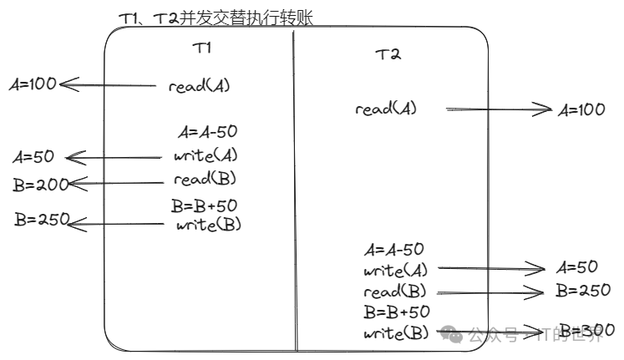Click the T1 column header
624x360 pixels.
coord(202,48)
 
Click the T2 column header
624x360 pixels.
coord(388,55)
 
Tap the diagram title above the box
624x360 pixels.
coord(216,17)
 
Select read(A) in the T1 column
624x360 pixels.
coord(199,85)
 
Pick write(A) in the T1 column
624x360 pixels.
coord(205,155)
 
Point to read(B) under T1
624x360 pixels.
coord(205,179)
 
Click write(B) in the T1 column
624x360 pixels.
coord(209,224)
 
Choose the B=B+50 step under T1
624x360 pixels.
coord(205,205)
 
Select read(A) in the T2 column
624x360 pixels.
coord(385,109)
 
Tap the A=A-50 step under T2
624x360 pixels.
coord(394,249)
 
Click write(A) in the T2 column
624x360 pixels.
coord(395,270)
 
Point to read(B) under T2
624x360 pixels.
coord(394,292)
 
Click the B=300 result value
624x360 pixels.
coord(586,329)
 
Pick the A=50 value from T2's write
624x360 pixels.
coord(576,267)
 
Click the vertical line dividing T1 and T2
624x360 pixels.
coord(295,192)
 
